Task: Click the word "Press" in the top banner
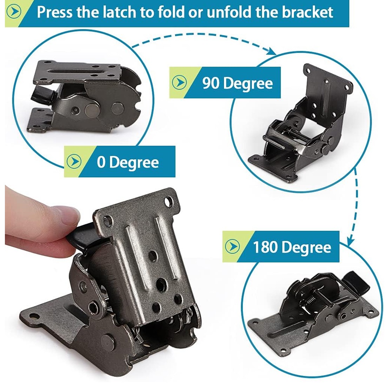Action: (55, 12)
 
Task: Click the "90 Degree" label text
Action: (238, 83)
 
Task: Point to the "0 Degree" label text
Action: (128, 162)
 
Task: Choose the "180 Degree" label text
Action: (292, 247)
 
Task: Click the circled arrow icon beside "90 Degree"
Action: (179, 82)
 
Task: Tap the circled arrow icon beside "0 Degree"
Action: (74, 161)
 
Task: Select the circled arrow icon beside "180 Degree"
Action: (232, 246)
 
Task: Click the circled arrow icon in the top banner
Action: (14, 12)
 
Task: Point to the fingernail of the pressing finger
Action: (70, 215)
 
